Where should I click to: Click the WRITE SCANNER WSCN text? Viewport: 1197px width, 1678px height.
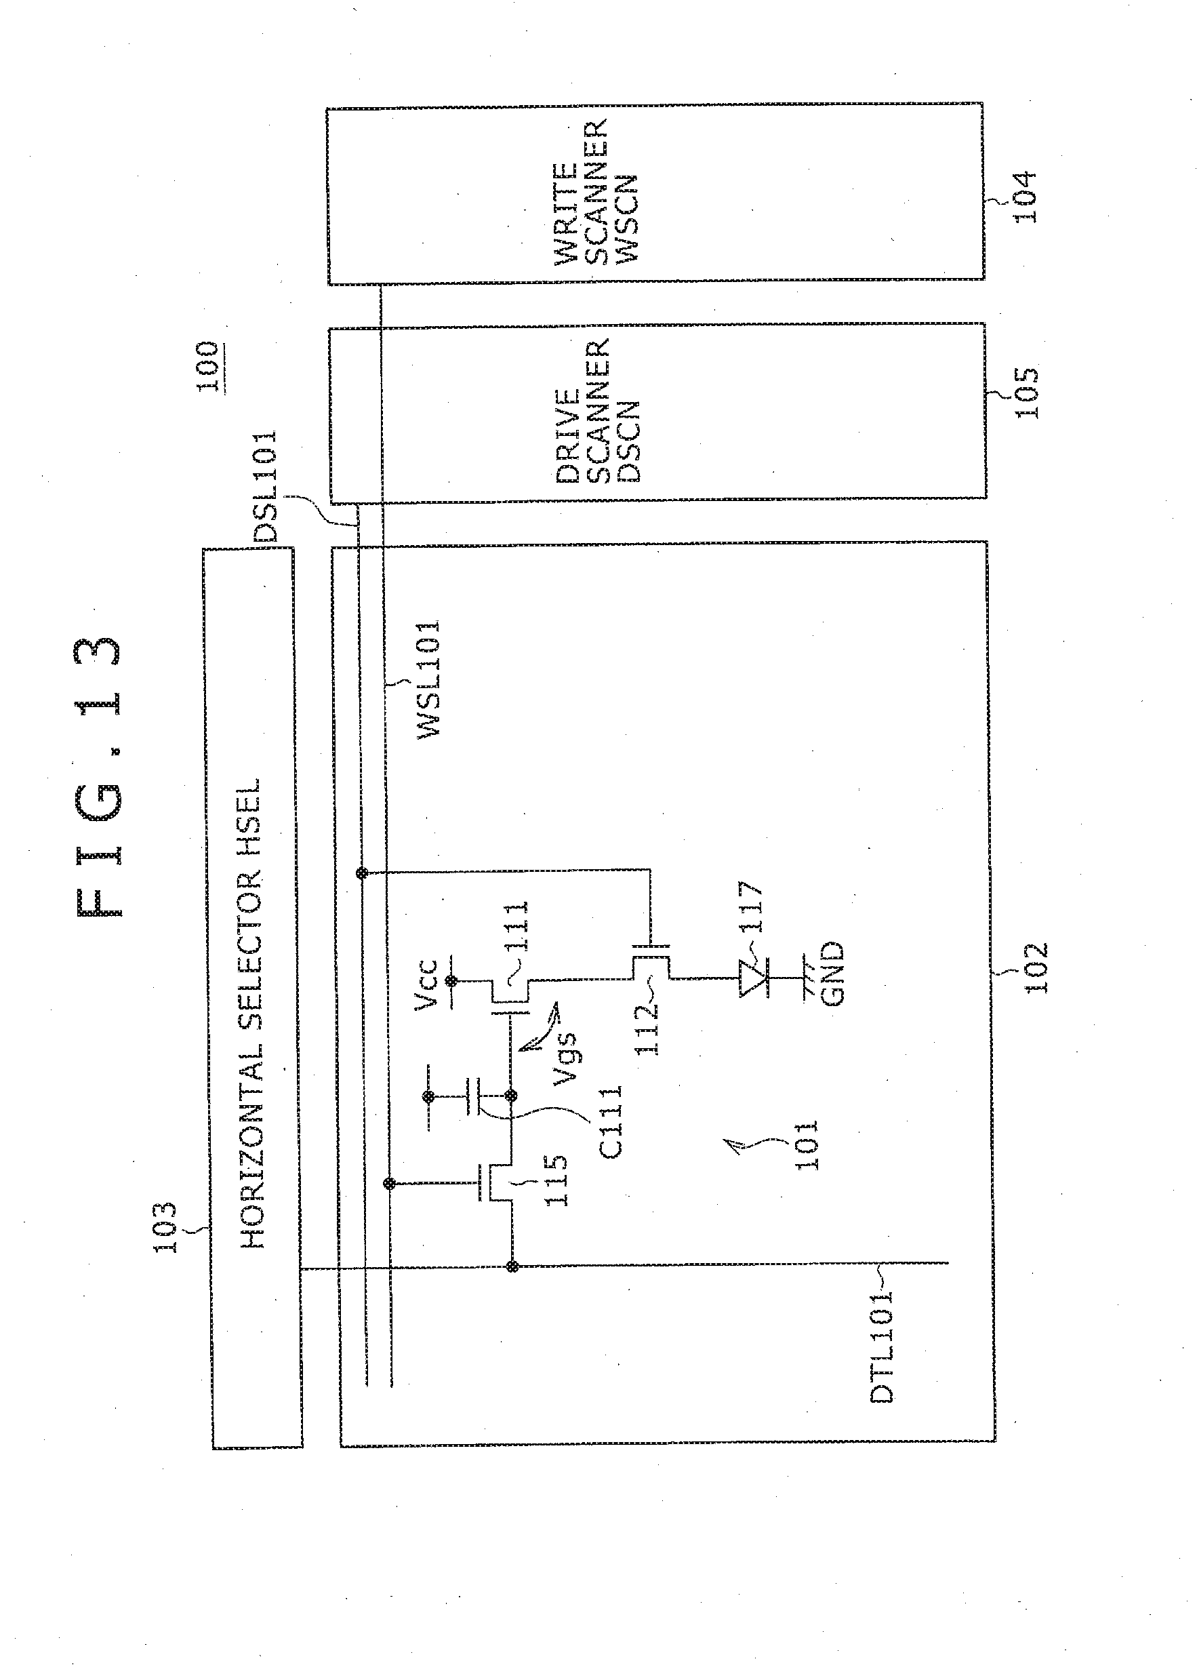(x=596, y=192)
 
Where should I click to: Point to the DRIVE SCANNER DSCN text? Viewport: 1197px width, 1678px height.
(x=597, y=411)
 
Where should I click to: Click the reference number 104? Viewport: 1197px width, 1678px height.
(x=1025, y=197)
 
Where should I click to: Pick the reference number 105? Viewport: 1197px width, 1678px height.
(x=1026, y=393)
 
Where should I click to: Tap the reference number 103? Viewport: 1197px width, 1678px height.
(x=164, y=1226)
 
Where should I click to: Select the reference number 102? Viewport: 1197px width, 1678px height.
(x=1035, y=968)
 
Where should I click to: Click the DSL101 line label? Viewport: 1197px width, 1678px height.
(x=264, y=486)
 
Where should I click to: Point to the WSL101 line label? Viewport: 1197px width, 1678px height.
(x=428, y=678)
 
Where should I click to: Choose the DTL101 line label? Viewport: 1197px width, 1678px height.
(x=882, y=1346)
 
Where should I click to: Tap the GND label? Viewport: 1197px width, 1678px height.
(x=832, y=973)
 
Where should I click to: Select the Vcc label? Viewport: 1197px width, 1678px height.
(x=428, y=984)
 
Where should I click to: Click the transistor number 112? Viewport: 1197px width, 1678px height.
(x=647, y=1028)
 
